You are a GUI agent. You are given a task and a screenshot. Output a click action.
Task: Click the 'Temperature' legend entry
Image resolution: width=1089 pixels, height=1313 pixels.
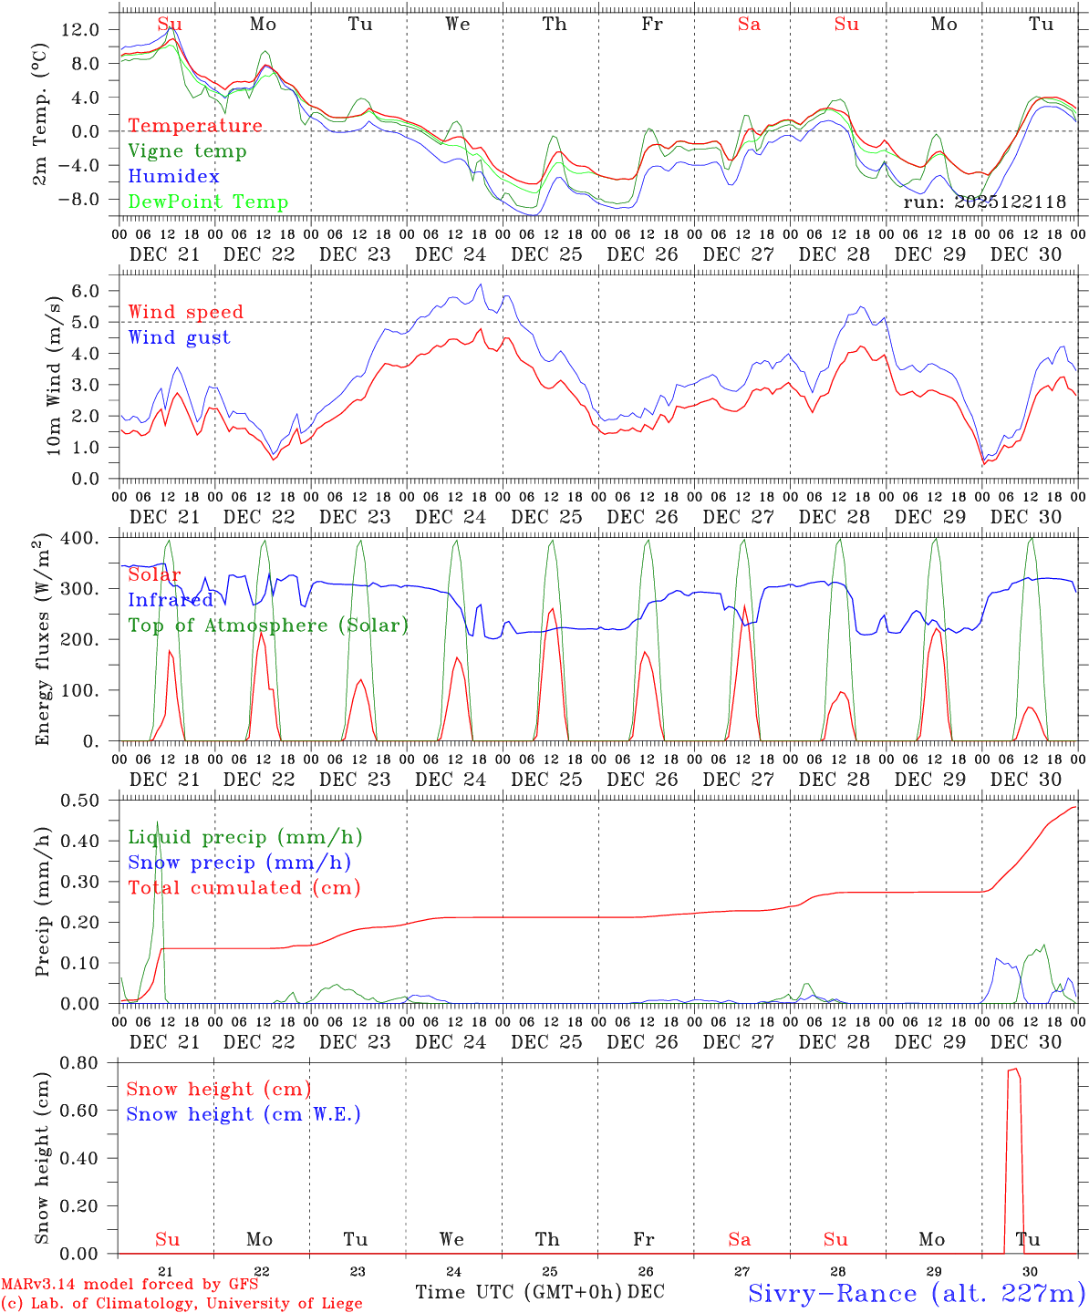pos(195,126)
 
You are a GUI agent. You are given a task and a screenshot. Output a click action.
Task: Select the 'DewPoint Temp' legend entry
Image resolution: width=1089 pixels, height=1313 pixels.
pos(208,202)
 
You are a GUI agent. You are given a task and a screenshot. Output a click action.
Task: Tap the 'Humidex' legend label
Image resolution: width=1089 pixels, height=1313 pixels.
pos(173,177)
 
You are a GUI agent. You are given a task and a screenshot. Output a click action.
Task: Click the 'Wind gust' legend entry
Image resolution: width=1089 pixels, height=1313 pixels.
pos(179,337)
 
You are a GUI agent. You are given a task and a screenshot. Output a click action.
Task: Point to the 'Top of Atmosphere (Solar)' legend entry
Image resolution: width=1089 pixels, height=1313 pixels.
pos(268,625)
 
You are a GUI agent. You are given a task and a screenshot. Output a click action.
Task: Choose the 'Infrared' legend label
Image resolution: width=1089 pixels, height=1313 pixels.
pos(171,600)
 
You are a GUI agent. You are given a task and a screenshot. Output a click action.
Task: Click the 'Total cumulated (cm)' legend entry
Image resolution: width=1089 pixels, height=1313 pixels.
pos(244,887)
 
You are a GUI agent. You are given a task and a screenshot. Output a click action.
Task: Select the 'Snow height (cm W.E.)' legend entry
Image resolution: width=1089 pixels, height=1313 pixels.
pos(244,1114)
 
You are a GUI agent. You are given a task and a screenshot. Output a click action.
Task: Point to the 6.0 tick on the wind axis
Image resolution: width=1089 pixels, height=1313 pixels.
pos(84,291)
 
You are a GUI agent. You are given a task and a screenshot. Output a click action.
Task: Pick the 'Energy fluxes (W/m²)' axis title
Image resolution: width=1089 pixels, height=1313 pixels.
pos(42,641)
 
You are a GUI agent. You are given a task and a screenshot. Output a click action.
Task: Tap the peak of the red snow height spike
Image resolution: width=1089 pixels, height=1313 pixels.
pos(1013,1070)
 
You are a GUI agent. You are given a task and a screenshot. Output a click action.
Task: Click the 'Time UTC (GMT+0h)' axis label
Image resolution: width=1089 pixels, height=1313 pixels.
pos(518,1292)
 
